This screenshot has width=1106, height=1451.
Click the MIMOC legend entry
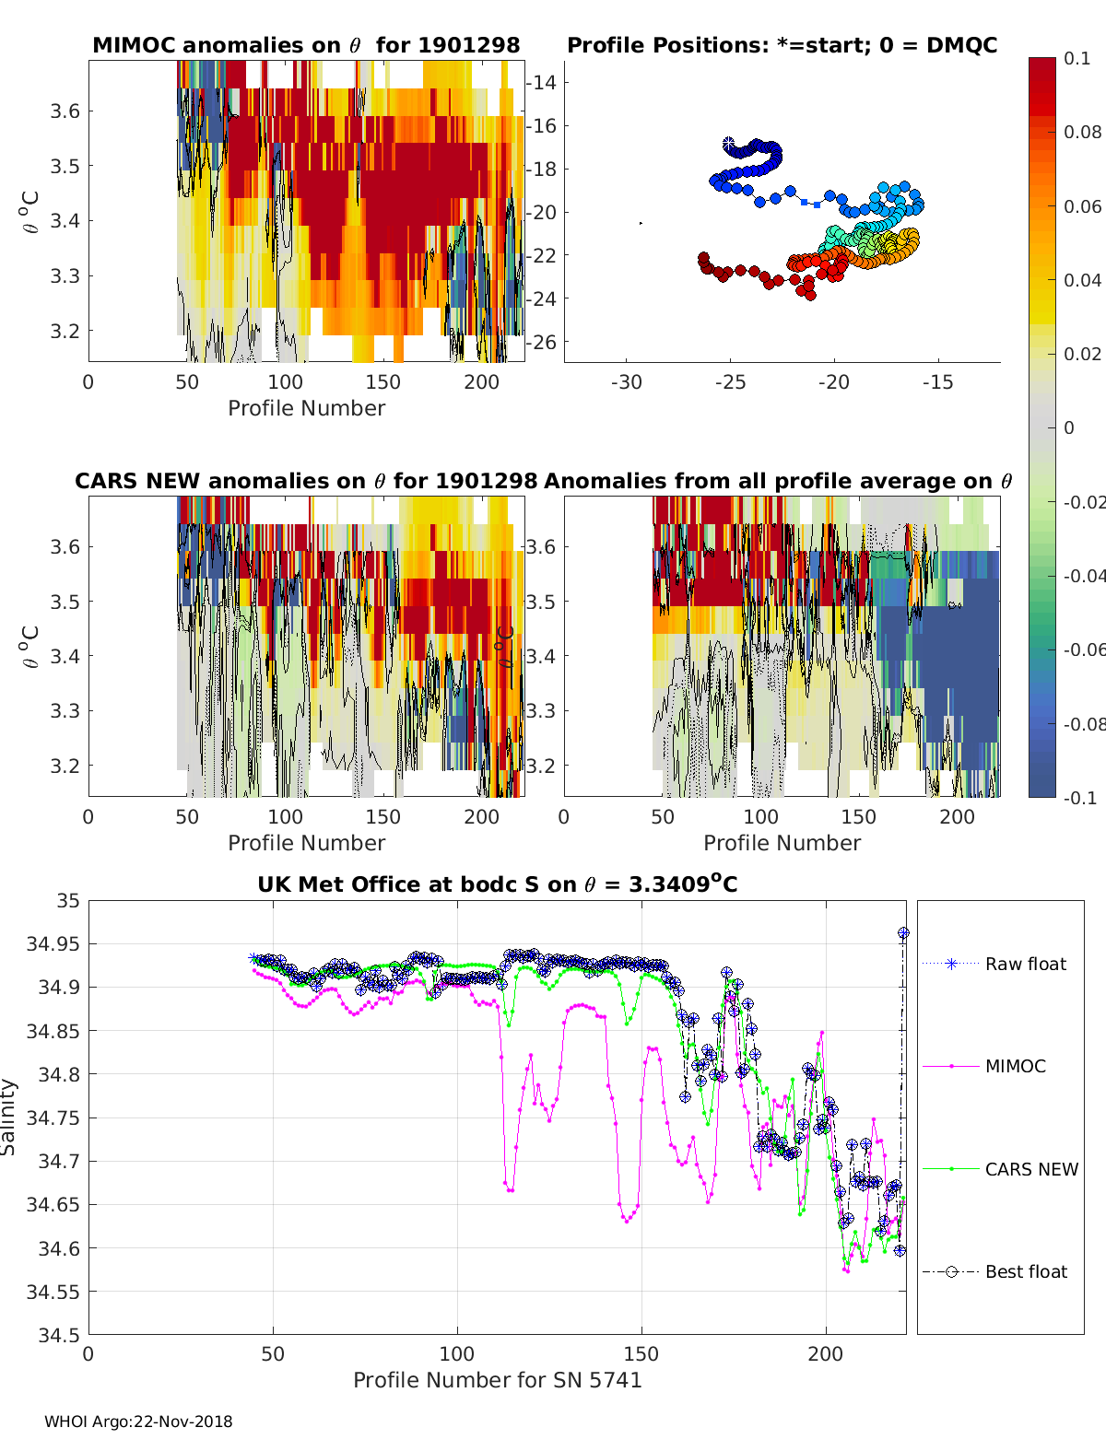point(1015,1066)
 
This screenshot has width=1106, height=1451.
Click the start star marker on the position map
point(729,144)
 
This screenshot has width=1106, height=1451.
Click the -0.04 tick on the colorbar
point(1082,576)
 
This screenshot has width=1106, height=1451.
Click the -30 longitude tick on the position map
point(627,382)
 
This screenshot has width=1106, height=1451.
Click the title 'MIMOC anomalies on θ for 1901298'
point(306,45)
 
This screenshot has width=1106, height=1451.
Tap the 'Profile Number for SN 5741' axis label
point(497,1379)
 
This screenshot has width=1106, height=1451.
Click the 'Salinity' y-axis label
point(9,1117)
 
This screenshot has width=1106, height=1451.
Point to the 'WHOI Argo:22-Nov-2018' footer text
point(138,1422)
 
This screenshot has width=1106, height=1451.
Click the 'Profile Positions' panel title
point(782,45)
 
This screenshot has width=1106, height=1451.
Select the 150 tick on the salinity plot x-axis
point(641,1353)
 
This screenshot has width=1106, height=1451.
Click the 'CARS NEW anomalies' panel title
point(306,481)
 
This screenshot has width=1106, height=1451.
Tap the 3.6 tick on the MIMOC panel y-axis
point(65,111)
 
